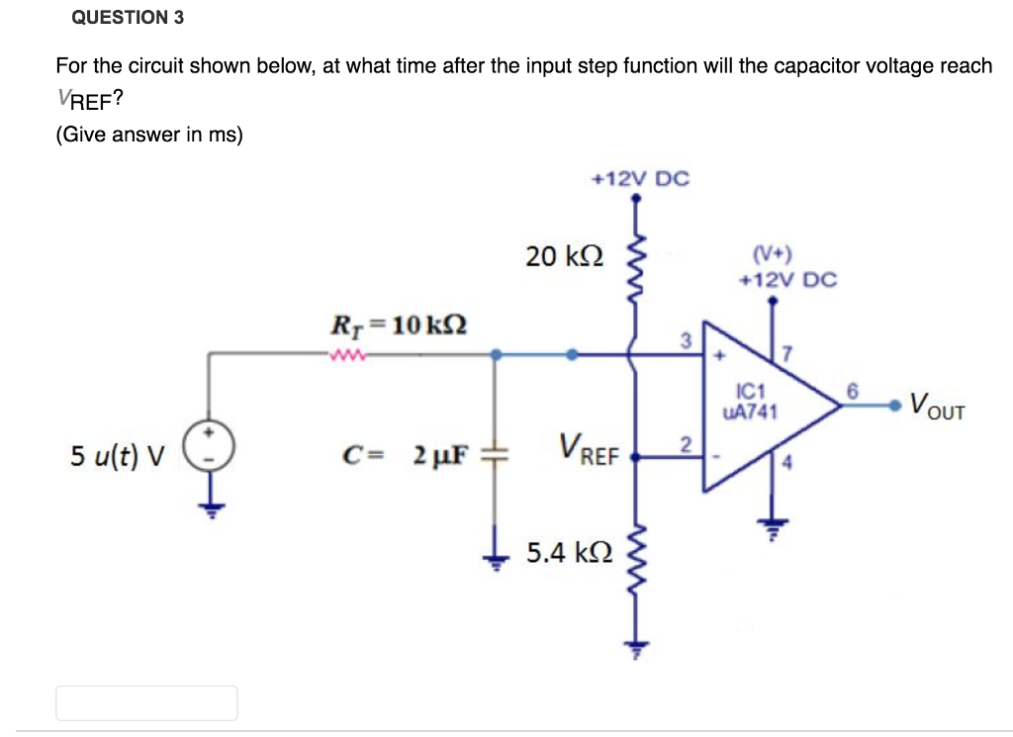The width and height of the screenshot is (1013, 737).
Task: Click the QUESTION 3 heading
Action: (128, 18)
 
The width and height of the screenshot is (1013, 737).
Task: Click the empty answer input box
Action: (146, 702)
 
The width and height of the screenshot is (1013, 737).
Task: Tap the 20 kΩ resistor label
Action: (563, 257)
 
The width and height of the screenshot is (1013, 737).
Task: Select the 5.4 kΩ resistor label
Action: (568, 551)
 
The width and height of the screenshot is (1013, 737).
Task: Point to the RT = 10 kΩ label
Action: (398, 323)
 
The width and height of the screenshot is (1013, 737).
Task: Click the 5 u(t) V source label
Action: (118, 456)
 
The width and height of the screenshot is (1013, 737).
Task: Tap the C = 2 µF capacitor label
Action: (405, 456)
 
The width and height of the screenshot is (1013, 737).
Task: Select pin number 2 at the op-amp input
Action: (684, 441)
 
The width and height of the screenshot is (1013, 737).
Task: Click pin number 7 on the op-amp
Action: (788, 353)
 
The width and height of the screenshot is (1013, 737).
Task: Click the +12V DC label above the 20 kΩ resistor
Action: (639, 179)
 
